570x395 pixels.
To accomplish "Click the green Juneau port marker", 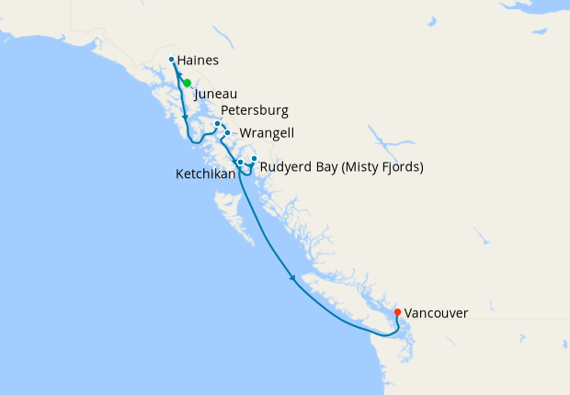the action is point(187,83).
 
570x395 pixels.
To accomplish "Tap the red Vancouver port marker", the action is point(397,312).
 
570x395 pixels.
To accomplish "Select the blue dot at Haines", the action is point(172,61).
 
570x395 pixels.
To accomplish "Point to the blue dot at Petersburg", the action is point(218,124).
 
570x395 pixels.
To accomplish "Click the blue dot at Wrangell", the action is point(227,133).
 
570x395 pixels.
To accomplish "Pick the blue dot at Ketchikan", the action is point(240,163).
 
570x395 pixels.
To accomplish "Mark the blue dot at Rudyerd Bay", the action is point(255,159).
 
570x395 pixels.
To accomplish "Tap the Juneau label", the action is point(216,94).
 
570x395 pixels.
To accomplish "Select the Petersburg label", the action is point(255,111).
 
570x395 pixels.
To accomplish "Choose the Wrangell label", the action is point(267,133).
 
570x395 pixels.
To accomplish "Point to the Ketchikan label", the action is point(203,174).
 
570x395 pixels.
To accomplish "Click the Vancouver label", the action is point(436,313).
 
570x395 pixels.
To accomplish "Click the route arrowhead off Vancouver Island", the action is point(292,279).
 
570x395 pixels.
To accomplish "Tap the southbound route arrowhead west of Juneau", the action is point(185,120).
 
